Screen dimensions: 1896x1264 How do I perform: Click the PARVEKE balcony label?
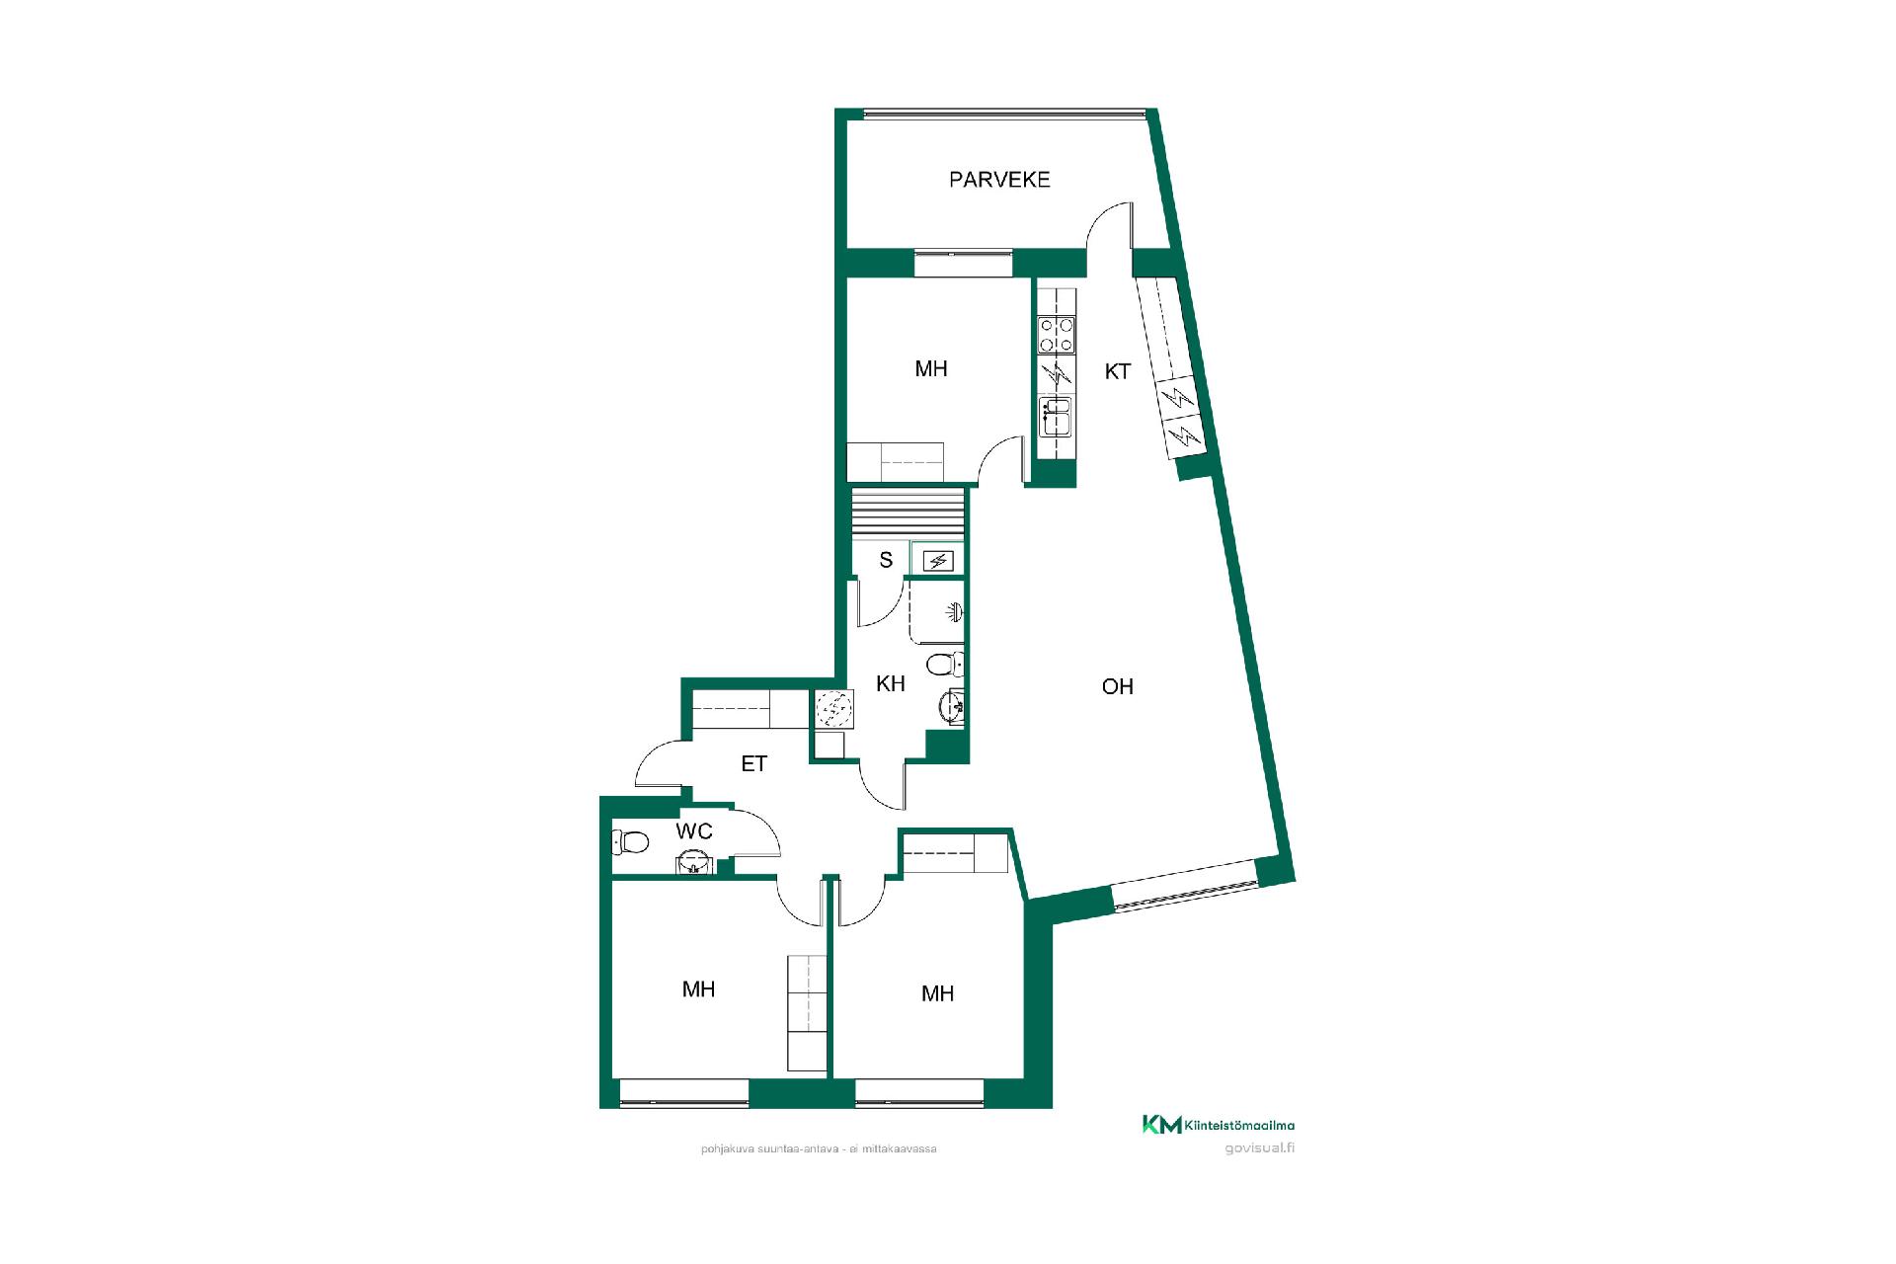(999, 180)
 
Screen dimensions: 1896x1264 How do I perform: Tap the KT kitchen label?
(1117, 372)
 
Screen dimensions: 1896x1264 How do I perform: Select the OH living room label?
(1117, 686)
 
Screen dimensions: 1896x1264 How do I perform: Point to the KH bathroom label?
(891, 683)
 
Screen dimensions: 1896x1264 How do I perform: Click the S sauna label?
(886, 560)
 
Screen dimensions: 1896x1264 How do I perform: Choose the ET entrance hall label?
(754, 763)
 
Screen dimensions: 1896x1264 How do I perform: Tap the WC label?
(694, 831)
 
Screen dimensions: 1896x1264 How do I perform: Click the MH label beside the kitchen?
(931, 368)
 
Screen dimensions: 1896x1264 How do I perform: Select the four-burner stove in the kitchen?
(1057, 335)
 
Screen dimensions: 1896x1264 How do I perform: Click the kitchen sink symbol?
(1057, 416)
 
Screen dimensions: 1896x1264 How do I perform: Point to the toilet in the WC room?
(630, 842)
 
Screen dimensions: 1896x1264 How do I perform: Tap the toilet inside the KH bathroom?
(945, 662)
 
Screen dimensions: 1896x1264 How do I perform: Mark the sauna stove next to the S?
(936, 561)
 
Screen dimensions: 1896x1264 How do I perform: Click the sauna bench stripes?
(908, 514)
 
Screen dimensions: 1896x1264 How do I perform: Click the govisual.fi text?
(1259, 1148)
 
